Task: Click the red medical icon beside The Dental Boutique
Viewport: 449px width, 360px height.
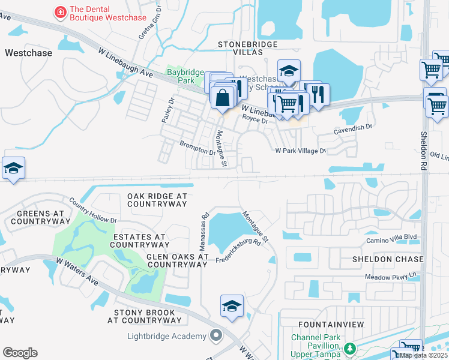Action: point(60,11)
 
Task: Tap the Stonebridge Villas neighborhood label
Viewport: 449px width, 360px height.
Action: point(248,49)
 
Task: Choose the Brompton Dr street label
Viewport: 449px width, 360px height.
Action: point(197,148)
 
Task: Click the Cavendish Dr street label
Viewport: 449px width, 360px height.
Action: point(353,127)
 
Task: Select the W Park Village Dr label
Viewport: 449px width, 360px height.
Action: point(300,151)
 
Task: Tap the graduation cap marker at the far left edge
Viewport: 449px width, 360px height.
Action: point(13,168)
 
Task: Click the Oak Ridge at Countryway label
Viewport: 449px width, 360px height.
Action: point(157,200)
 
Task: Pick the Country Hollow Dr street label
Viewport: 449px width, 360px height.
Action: point(92,211)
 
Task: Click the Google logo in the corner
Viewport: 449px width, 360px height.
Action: point(20,353)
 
